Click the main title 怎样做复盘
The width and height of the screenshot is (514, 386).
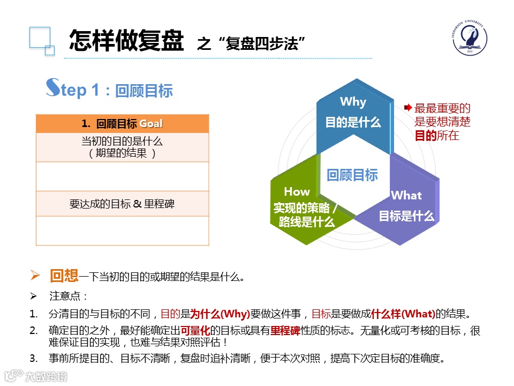click(126, 40)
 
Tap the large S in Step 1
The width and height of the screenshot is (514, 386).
click(52, 88)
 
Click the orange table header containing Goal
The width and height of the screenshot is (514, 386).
click(122, 124)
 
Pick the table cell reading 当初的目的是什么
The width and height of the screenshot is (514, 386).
click(122, 142)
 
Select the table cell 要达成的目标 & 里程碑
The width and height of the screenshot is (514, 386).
click(122, 204)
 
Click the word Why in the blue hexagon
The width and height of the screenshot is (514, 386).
click(353, 102)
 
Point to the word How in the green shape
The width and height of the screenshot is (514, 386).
click(297, 191)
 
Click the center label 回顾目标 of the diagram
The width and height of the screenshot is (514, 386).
click(352, 175)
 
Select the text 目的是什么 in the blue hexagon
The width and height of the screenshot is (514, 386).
click(353, 122)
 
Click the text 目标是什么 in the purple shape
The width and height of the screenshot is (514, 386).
click(406, 217)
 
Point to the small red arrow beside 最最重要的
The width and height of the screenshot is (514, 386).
click(408, 108)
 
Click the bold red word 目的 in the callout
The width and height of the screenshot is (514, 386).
click(426, 135)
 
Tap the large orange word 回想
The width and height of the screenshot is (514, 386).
click(64, 276)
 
